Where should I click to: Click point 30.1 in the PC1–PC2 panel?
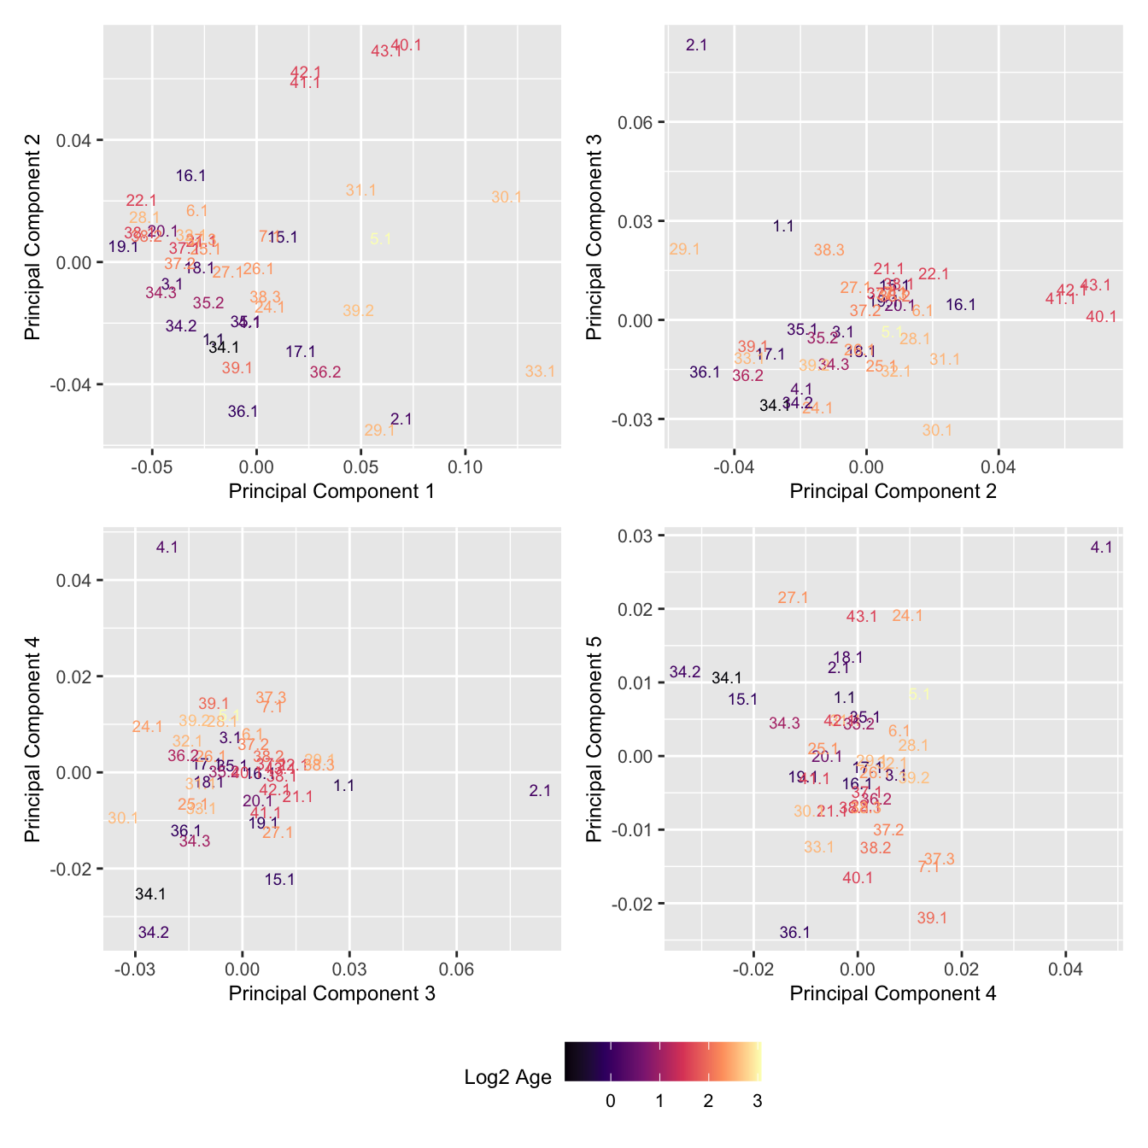pos(507,197)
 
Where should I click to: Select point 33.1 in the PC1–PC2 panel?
pos(540,372)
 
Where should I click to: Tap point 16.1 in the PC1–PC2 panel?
pos(190,176)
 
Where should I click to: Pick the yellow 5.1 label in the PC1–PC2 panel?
pos(380,239)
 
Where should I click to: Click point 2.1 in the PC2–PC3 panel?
pos(696,45)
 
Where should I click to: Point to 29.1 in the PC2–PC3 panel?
pos(684,249)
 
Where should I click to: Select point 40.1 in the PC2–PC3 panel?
pos(1101,317)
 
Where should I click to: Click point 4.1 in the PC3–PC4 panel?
pos(167,547)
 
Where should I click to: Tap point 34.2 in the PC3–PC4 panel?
pos(154,933)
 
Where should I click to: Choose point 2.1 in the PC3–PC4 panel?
pos(540,791)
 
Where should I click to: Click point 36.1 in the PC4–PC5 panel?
pos(794,933)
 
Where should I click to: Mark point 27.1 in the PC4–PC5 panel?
pos(793,598)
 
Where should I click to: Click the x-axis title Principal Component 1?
pos(331,491)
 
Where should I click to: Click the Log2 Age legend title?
pos(507,1077)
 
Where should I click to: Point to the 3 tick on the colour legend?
pos(757,1102)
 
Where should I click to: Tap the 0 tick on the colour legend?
pos(610,1102)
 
